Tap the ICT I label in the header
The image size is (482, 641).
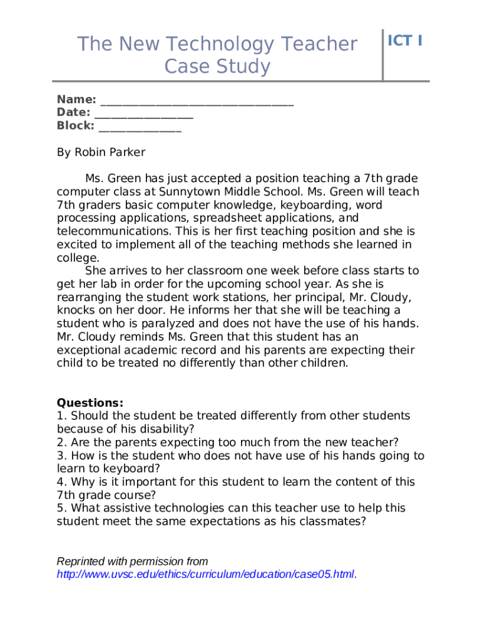click(x=405, y=41)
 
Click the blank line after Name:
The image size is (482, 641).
click(x=197, y=100)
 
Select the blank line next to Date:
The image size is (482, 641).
click(x=143, y=113)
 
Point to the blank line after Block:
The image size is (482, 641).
click(x=140, y=126)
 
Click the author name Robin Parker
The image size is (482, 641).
click(x=110, y=152)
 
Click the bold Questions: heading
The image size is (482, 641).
click(x=90, y=403)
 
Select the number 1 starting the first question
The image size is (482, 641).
click(x=60, y=416)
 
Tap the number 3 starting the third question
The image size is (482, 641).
click(x=60, y=456)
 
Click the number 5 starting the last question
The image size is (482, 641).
click(x=60, y=508)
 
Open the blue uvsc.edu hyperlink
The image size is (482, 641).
click(x=205, y=574)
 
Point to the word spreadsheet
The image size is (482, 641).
click(x=225, y=218)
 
